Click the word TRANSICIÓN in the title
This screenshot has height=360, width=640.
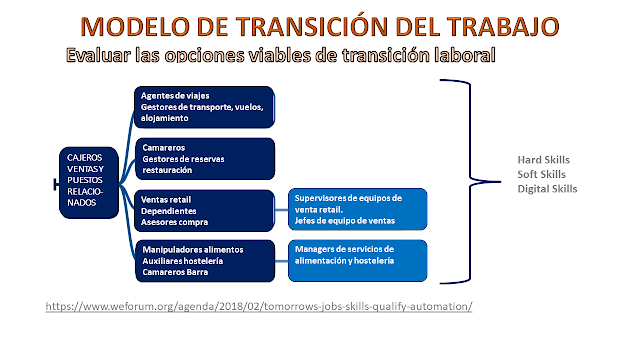point(312,26)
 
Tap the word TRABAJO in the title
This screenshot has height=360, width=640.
point(503,27)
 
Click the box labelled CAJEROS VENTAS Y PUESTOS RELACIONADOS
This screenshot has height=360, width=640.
point(89,182)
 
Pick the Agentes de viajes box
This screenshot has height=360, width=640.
point(204,107)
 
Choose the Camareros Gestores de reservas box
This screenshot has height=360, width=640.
point(205,159)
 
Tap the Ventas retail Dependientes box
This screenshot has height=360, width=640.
point(204,211)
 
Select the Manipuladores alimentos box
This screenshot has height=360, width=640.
point(205,261)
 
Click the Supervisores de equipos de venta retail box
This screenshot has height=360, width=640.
point(358,209)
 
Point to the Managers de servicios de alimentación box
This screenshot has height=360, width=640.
point(358,260)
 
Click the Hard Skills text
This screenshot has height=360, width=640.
point(543,160)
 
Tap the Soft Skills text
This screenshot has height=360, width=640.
point(541,174)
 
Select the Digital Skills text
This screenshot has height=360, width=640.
point(547,189)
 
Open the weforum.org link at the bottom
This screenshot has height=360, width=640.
point(259,306)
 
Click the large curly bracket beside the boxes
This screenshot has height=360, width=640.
point(470,180)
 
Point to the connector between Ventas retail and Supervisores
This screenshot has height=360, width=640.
point(282,210)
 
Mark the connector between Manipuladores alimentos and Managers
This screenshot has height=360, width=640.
point(282,261)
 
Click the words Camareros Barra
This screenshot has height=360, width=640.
point(175,272)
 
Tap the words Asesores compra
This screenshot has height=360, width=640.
point(174,222)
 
